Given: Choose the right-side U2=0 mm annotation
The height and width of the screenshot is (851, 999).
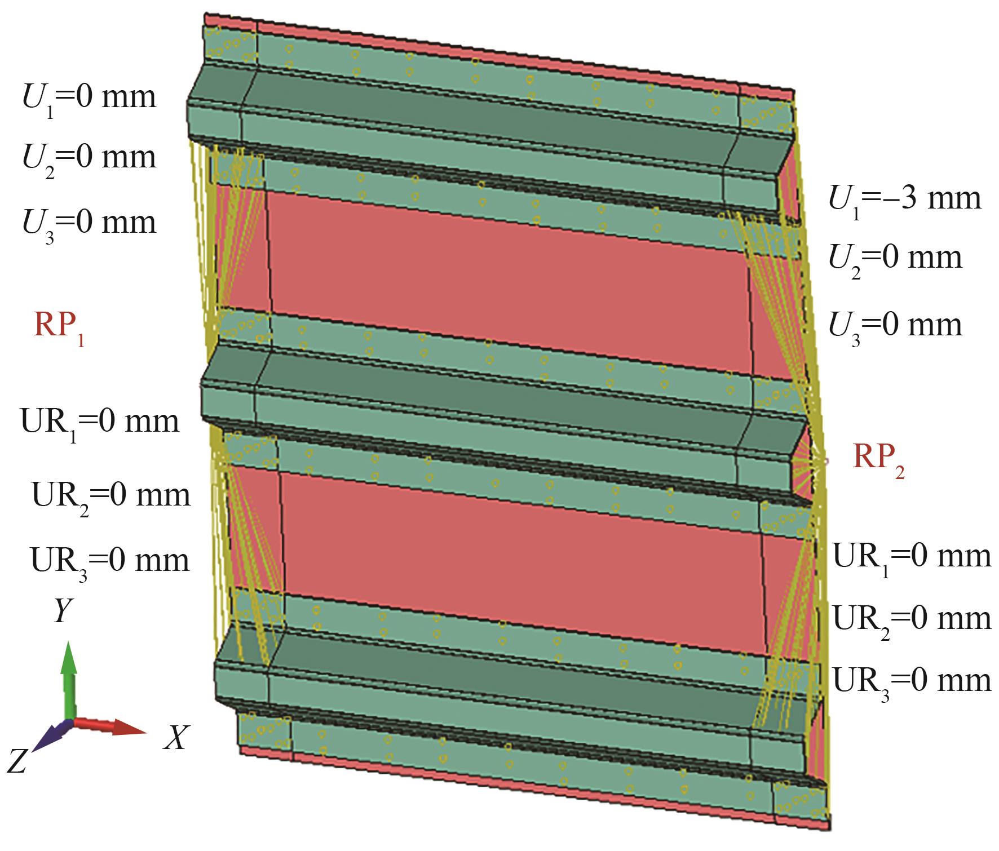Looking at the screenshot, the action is pos(895,260).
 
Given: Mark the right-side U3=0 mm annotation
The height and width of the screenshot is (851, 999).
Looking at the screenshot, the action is pos(895,327).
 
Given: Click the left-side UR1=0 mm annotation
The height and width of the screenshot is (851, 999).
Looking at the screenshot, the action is pos(100,424).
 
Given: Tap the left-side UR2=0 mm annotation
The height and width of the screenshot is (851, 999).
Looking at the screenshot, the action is pos(110,498).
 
